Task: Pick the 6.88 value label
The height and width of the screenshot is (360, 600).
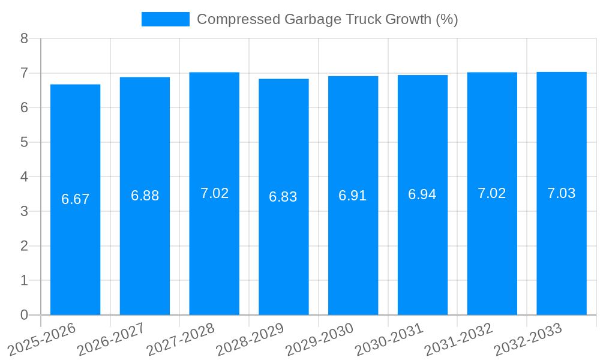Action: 145,196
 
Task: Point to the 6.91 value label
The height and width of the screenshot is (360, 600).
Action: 353,196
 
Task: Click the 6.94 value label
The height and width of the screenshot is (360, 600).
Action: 422,194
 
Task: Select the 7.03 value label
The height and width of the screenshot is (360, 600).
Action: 561,193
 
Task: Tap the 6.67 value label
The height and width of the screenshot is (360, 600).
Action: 75,199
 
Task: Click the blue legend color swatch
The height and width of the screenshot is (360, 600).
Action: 165,19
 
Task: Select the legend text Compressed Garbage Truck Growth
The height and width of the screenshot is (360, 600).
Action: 327,19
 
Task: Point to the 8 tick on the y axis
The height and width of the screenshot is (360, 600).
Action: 24,38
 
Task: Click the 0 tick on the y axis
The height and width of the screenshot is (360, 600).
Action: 24,315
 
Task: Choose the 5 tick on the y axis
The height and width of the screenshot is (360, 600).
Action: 24,142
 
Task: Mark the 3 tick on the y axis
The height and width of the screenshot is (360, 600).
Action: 24,211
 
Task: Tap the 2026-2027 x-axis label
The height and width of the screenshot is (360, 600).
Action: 112,339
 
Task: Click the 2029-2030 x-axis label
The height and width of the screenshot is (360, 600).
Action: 320,339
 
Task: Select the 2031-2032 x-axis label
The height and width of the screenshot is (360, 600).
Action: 459,339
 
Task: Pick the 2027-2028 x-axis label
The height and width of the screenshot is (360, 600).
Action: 181,339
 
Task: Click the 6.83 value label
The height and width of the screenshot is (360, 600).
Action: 283,197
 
